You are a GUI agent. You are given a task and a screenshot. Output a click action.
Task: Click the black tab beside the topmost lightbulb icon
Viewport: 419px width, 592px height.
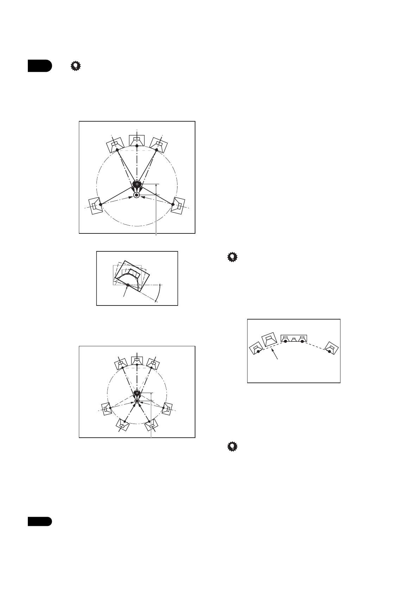click(x=40, y=66)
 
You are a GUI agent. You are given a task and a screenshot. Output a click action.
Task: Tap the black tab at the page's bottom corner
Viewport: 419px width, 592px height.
click(x=40, y=521)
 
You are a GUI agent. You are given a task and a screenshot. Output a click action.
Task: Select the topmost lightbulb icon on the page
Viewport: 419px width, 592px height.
click(x=75, y=66)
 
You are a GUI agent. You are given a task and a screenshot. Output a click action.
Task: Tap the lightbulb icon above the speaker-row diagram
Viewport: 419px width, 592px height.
click(x=232, y=258)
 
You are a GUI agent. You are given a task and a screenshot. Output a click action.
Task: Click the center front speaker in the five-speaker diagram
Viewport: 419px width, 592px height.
click(x=137, y=141)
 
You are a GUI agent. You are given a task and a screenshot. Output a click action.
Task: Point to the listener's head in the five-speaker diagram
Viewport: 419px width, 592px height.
click(x=137, y=184)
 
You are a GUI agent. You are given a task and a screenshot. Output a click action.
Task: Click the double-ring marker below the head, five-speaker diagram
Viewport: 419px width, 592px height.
click(x=137, y=195)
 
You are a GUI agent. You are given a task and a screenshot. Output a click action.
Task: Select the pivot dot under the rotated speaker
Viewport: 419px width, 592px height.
click(x=128, y=285)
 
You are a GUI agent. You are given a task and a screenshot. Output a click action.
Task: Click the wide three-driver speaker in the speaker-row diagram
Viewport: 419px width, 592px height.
click(x=294, y=339)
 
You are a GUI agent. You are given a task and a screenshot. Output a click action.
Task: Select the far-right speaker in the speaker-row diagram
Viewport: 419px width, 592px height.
click(x=331, y=348)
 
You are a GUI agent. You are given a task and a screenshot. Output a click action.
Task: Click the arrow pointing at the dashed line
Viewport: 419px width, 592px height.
click(x=276, y=354)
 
